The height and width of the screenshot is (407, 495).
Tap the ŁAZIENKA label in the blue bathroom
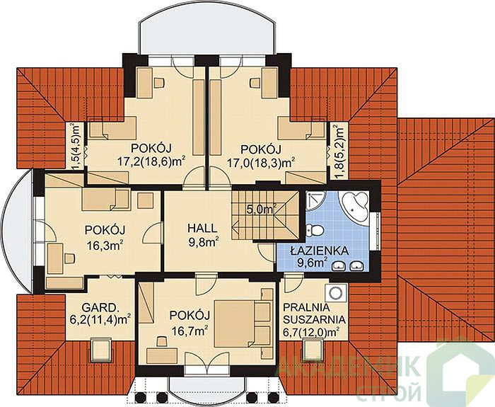[x=320, y=251]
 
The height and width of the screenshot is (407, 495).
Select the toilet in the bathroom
[x=315, y=230]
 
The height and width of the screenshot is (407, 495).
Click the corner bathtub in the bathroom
[x=354, y=205]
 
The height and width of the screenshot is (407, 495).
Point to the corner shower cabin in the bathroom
[x=315, y=201]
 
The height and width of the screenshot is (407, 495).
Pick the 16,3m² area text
[x=105, y=246]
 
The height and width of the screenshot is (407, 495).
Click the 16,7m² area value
[x=190, y=331]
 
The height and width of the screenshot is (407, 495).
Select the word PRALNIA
[x=306, y=307]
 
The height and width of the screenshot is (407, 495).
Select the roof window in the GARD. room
[x=101, y=350]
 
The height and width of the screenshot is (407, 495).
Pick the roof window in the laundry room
[x=313, y=350]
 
